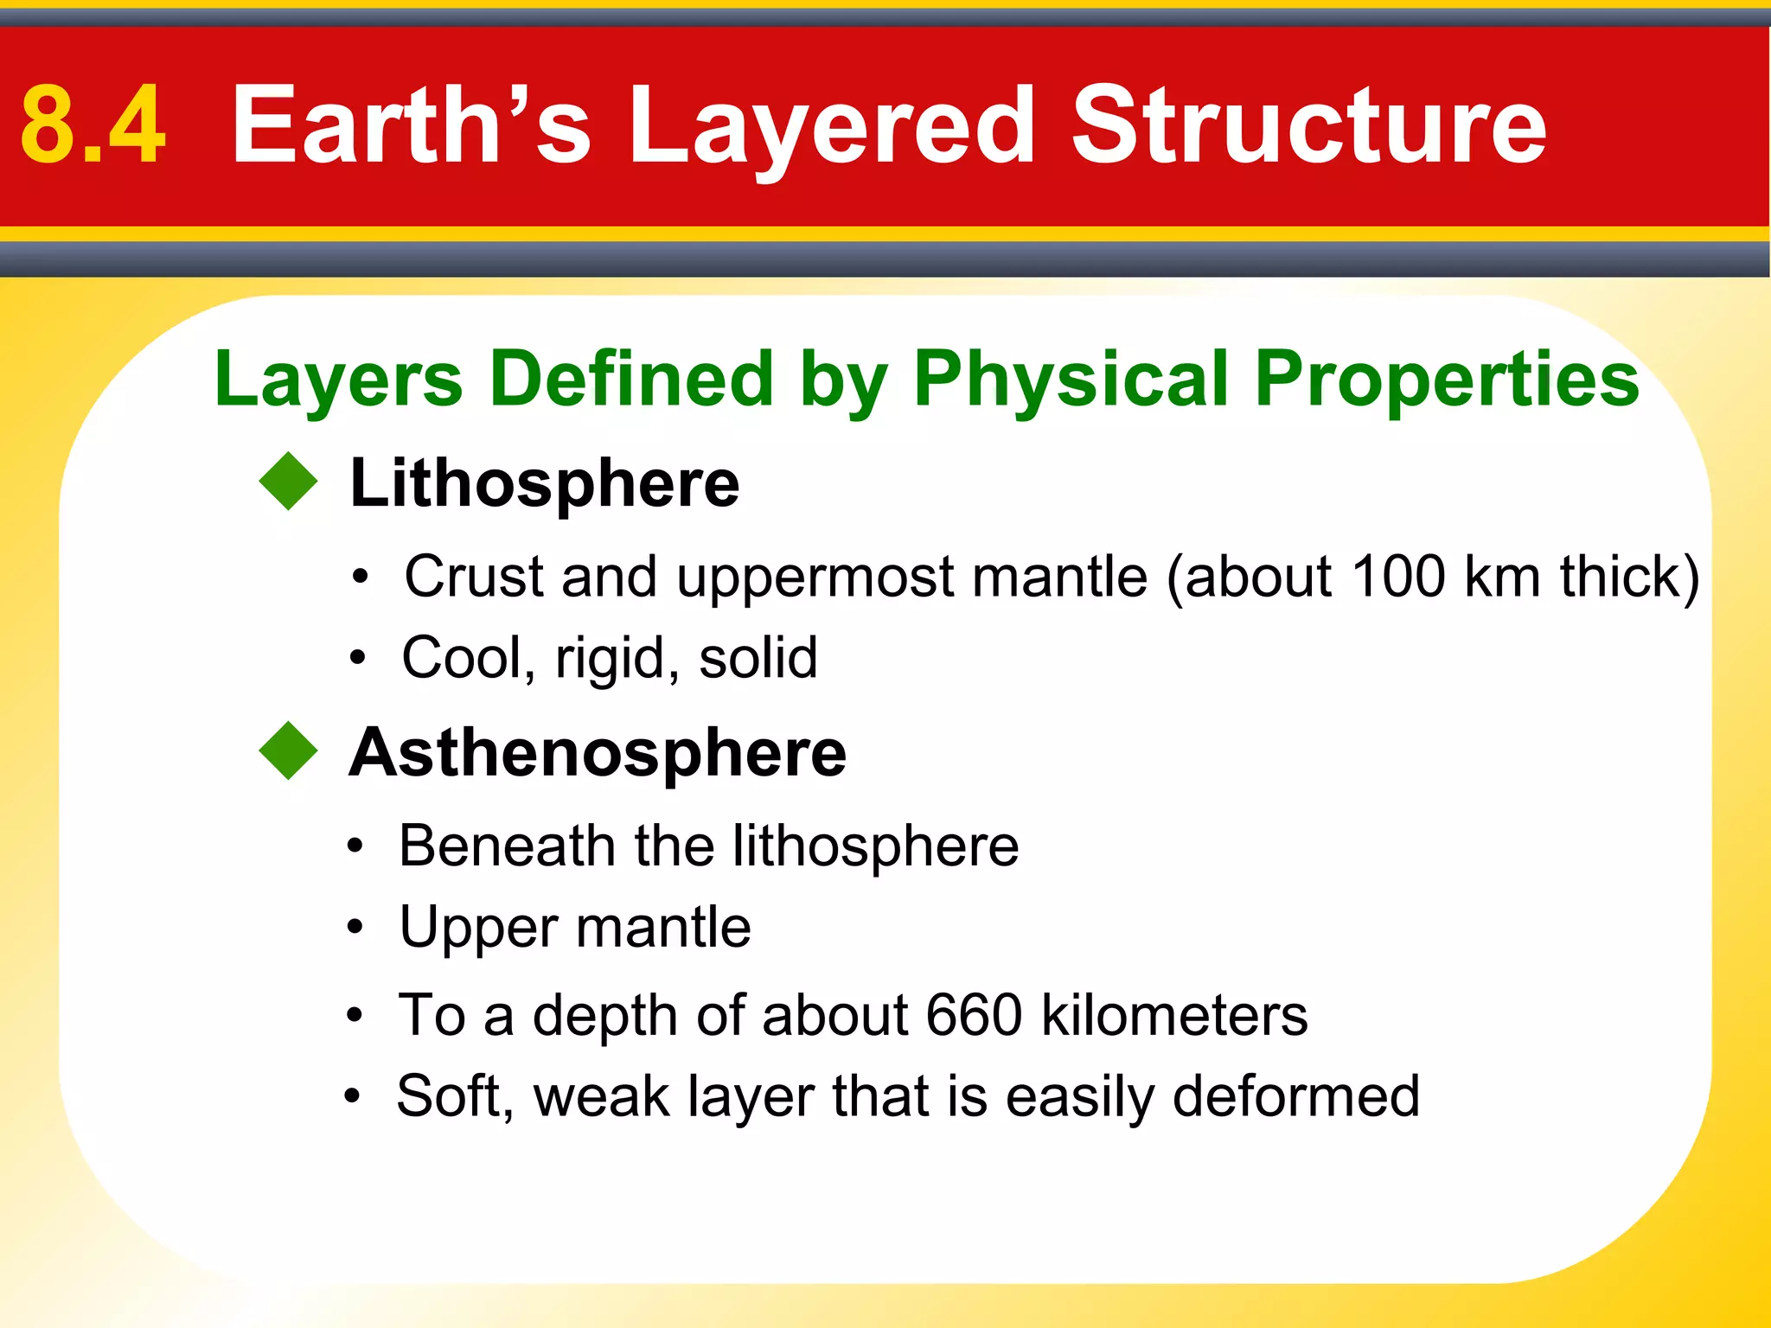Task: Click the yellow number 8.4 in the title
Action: coord(93,125)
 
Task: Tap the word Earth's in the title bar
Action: coord(411,125)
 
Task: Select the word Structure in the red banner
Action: coord(1308,125)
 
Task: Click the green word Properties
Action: coord(1446,380)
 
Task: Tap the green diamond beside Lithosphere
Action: coord(289,482)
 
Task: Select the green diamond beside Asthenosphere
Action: coord(289,750)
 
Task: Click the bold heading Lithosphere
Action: coord(544,483)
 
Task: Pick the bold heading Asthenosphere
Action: coord(598,753)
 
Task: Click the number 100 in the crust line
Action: coord(1397,577)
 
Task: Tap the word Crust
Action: coord(474,577)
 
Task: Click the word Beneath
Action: coord(507,846)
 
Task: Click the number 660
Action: coord(974,1015)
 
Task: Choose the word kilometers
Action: coord(1174,1015)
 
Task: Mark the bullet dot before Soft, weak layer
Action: coord(352,1097)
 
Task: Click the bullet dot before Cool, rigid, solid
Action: coord(357,659)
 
